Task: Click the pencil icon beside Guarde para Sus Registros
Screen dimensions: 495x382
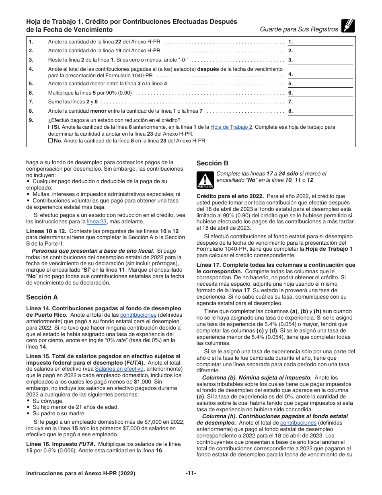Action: [348, 26]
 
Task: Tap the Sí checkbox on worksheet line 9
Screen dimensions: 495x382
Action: [50, 127]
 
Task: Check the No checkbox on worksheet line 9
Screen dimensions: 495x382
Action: [50, 141]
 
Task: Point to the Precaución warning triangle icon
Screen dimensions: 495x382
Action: [205, 179]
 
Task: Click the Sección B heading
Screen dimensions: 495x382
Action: [212, 163]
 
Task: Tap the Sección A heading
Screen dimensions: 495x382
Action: [42, 297]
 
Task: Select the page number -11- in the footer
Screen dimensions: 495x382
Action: [191, 473]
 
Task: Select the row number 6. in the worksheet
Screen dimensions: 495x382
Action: [31, 93]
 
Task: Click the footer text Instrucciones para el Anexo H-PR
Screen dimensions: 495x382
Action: [80, 474]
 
